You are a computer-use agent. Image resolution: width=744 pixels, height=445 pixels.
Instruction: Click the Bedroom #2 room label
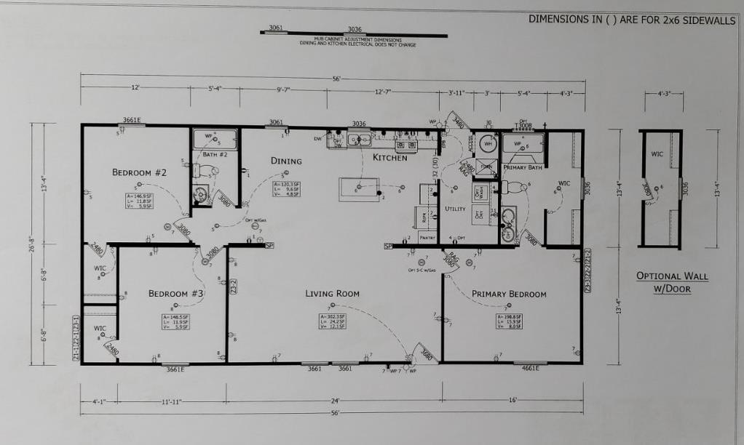[140, 172]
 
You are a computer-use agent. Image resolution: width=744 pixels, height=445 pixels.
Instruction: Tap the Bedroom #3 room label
[176, 294]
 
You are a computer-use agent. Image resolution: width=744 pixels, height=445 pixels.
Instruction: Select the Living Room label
[332, 294]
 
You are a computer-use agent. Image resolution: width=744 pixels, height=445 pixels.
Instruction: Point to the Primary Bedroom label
[509, 294]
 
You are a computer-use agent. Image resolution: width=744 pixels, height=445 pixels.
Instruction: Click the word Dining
[286, 161]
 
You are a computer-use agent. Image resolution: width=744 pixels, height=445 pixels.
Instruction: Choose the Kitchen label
[389, 158]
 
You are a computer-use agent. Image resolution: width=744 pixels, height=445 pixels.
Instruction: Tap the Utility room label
[455, 209]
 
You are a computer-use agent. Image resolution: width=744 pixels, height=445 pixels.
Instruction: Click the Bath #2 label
[215, 154]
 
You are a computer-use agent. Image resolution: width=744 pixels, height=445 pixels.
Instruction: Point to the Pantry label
[427, 237]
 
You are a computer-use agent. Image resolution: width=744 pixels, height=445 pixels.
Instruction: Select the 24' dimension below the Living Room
[334, 401]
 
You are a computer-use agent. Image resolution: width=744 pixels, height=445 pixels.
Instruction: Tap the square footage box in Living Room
[332, 321]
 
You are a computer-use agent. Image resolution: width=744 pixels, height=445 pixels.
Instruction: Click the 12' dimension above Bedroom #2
[135, 87]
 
